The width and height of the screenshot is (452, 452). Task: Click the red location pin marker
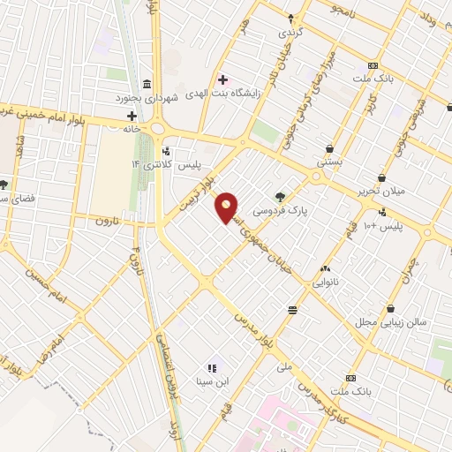227,207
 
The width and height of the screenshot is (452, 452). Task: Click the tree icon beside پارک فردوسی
281,197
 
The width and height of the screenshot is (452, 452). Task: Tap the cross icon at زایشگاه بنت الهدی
222,80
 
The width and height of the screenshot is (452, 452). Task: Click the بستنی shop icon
330,148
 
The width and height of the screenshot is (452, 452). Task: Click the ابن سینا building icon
212,368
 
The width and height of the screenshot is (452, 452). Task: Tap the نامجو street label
340,10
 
